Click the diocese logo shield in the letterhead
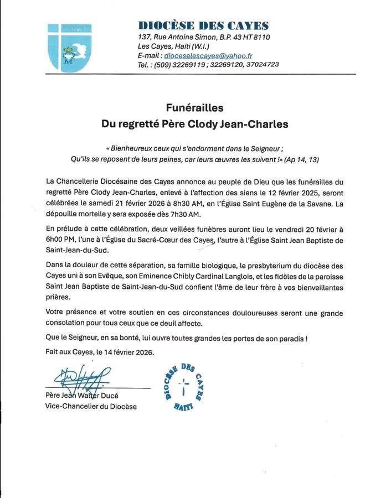61,47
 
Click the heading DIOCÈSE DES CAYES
203,25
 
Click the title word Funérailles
194,108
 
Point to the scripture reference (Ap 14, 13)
302,159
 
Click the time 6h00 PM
59,240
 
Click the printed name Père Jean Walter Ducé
82,396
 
